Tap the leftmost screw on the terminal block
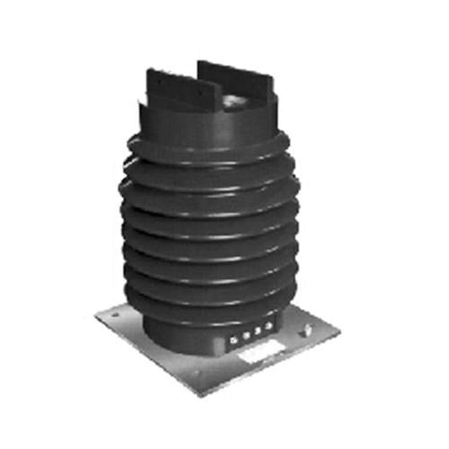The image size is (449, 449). tap(234, 339)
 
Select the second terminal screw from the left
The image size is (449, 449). tap(245, 339)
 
